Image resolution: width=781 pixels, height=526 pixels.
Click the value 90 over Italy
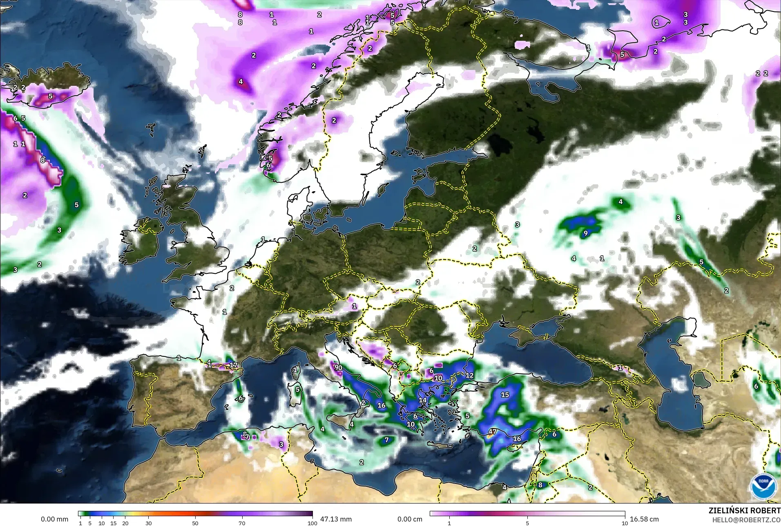point(338,367)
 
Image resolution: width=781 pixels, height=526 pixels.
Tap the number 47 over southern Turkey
point(493,432)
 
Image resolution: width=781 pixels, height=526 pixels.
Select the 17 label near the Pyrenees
point(234,365)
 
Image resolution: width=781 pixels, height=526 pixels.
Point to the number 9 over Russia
point(585,233)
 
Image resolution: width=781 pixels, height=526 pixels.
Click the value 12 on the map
point(469,375)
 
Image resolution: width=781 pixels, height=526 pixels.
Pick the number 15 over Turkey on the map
point(505,395)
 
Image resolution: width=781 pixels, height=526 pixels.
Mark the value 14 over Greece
point(422,400)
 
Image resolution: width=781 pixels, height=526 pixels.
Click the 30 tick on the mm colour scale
point(149,523)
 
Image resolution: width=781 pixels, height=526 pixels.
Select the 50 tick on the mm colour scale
point(195,523)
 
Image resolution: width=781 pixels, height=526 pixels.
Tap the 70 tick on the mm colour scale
point(242,523)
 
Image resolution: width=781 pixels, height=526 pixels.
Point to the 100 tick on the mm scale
point(312,523)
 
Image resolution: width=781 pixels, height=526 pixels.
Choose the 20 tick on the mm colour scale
point(125,523)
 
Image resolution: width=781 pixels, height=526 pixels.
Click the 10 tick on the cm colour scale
point(625,523)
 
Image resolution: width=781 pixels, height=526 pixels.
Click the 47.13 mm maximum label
point(336,519)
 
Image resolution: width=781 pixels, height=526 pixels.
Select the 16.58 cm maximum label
point(644,519)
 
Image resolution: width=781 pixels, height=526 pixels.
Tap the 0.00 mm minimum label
point(54,519)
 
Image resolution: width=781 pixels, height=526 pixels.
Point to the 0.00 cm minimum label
point(410,519)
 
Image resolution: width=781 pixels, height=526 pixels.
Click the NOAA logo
point(763,486)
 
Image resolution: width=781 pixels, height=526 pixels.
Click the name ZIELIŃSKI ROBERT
point(744,511)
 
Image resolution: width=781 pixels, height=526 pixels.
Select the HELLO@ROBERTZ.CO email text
point(747,520)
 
